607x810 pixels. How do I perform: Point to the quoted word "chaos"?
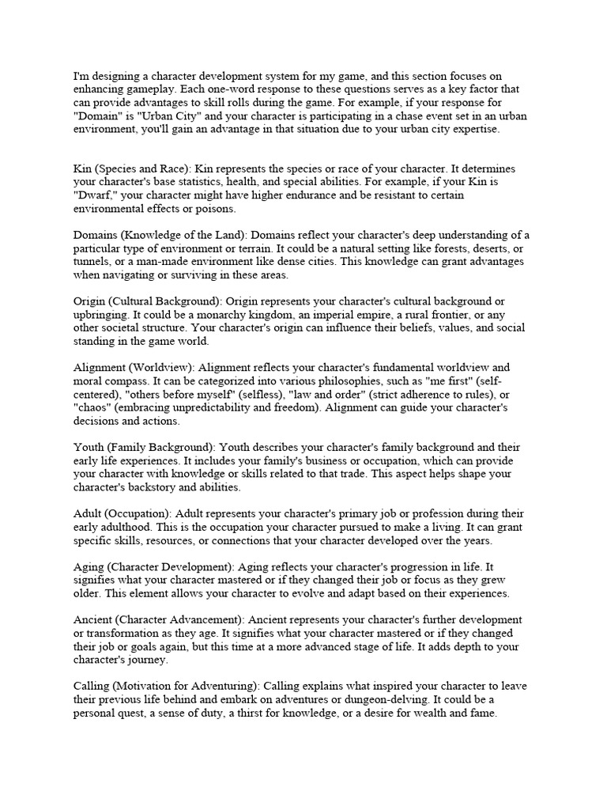93,407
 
